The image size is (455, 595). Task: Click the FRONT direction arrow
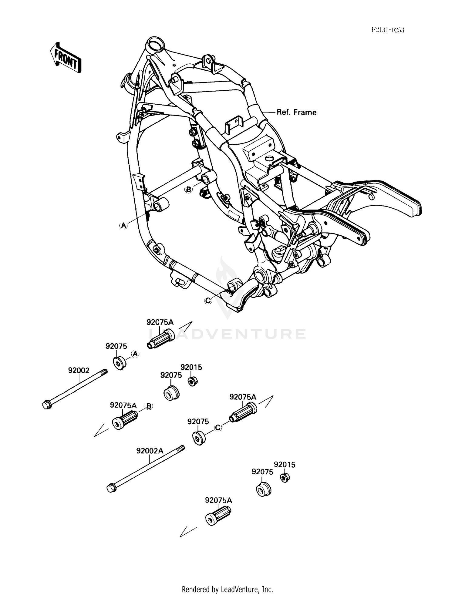click(x=66, y=58)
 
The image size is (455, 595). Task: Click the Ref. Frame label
click(x=296, y=113)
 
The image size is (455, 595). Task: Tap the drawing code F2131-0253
click(x=388, y=30)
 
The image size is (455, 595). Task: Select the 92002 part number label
click(x=79, y=370)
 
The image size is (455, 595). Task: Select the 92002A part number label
click(x=150, y=451)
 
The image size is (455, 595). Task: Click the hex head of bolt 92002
click(x=46, y=405)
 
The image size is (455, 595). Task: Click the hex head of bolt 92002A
click(x=111, y=489)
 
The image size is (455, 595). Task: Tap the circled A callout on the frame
click(x=123, y=225)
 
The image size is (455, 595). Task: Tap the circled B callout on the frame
click(x=188, y=190)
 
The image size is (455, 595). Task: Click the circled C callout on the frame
click(x=208, y=300)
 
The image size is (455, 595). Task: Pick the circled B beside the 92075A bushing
click(x=149, y=406)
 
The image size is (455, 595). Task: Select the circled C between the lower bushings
click(x=218, y=428)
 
